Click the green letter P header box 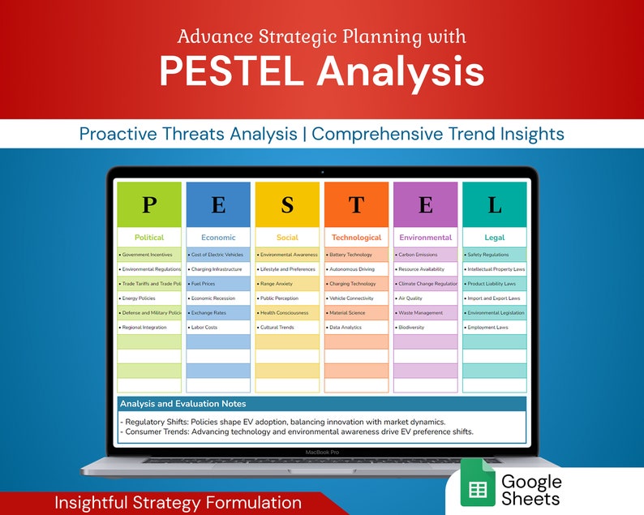(149, 204)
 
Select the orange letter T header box (356, 204)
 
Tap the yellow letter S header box (287, 204)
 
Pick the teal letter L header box (494, 204)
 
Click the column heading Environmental (425, 238)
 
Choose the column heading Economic (218, 238)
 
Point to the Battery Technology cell (356, 255)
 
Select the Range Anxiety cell (287, 284)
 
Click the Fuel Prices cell (218, 284)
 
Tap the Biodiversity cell (425, 328)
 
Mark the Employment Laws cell (494, 328)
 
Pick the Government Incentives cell (149, 255)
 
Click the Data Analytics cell (356, 328)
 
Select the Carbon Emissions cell (425, 255)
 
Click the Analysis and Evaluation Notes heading (182, 403)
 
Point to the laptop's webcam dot (322, 172)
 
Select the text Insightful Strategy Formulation (178, 503)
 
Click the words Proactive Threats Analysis (188, 134)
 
